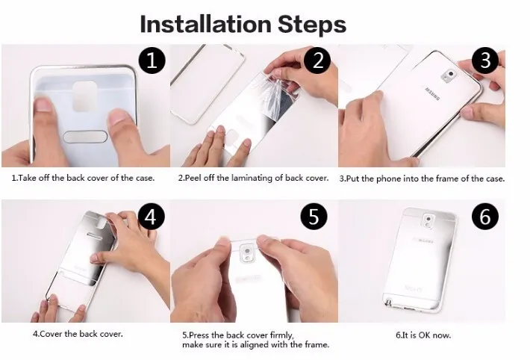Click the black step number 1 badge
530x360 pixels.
click(152, 61)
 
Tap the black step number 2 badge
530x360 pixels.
click(317, 60)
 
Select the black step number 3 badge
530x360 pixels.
click(485, 60)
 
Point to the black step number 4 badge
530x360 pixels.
click(151, 217)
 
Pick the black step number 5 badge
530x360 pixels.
click(314, 217)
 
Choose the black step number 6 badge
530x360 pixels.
click(485, 217)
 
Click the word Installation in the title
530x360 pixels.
click(205, 25)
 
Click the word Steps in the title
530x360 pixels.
click(311, 25)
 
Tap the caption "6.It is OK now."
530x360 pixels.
click(423, 335)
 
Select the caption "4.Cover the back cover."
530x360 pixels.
click(78, 334)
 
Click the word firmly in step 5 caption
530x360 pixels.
click(281, 335)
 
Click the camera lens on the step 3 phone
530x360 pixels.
click(450, 73)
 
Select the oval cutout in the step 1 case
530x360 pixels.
click(85, 137)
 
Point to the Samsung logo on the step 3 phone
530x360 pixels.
click(432, 94)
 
